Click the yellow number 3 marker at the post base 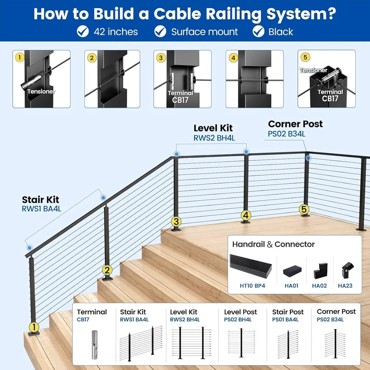point(176,222)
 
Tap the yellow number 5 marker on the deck point(304,209)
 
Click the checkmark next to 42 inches point(83,31)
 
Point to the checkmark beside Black point(258,31)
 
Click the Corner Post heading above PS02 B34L point(295,124)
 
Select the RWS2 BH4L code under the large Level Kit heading point(214,138)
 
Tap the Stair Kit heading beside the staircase point(40,200)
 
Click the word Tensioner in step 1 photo point(41,92)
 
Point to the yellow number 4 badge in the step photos point(233,58)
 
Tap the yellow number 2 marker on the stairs point(107,270)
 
